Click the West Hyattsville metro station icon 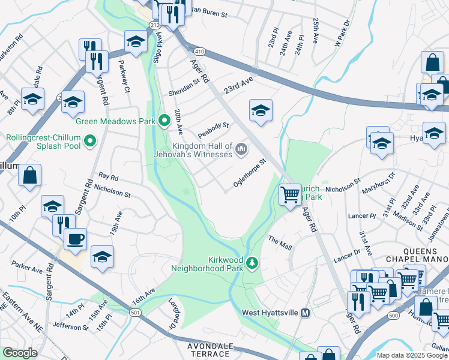pos(305,313)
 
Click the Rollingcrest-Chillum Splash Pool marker pos(90,142)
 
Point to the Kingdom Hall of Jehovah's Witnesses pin pos(241,148)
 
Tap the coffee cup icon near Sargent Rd pos(75,239)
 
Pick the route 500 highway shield pos(393,315)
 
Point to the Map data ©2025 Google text pos(411,356)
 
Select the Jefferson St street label pos(70,327)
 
